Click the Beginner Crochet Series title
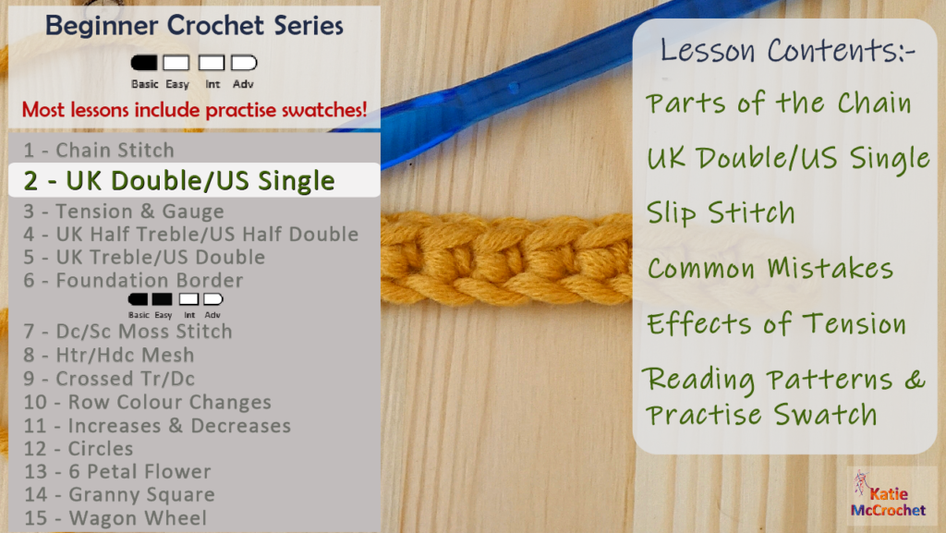pyautogui.click(x=194, y=26)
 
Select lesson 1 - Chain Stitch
pyautogui.click(x=99, y=150)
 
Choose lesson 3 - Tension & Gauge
pyautogui.click(x=124, y=212)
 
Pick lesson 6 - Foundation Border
pyautogui.click(x=133, y=280)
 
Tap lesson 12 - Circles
pyautogui.click(x=79, y=448)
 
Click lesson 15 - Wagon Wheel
pyautogui.click(x=115, y=518)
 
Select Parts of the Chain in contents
pyautogui.click(x=779, y=103)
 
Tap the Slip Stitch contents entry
pyautogui.click(x=721, y=212)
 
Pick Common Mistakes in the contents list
pyautogui.click(x=770, y=269)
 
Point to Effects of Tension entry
pyautogui.click(x=776, y=324)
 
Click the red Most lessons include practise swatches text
pyautogui.click(x=194, y=110)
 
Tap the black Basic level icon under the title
pyautogui.click(x=144, y=64)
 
